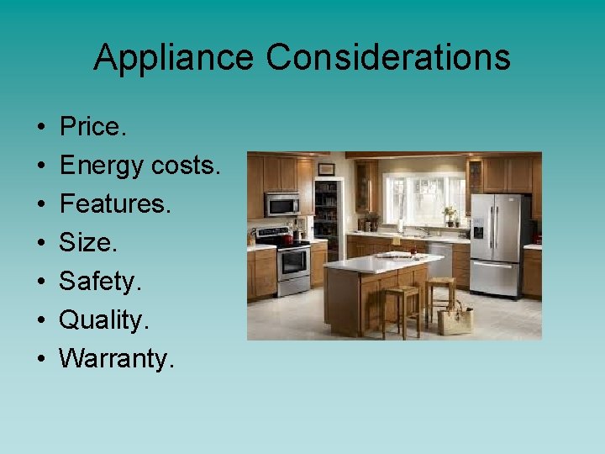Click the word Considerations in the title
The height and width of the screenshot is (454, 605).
click(x=389, y=58)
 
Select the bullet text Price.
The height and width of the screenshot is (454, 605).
click(x=92, y=127)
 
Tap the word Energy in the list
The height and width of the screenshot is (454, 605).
click(x=101, y=166)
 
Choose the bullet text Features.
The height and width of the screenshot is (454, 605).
click(x=115, y=204)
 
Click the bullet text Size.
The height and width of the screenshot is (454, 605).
click(x=87, y=243)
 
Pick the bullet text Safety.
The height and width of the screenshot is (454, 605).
click(x=97, y=282)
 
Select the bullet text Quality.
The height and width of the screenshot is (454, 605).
click(x=103, y=320)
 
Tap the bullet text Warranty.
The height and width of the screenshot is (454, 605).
click(x=117, y=359)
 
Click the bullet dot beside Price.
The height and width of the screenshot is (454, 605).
click(x=41, y=128)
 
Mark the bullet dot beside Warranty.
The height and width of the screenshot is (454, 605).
click(x=41, y=360)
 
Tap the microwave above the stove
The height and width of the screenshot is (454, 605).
click(x=282, y=204)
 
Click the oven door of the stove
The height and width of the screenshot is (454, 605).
click(x=292, y=262)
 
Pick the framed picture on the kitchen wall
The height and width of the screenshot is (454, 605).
click(x=326, y=169)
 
